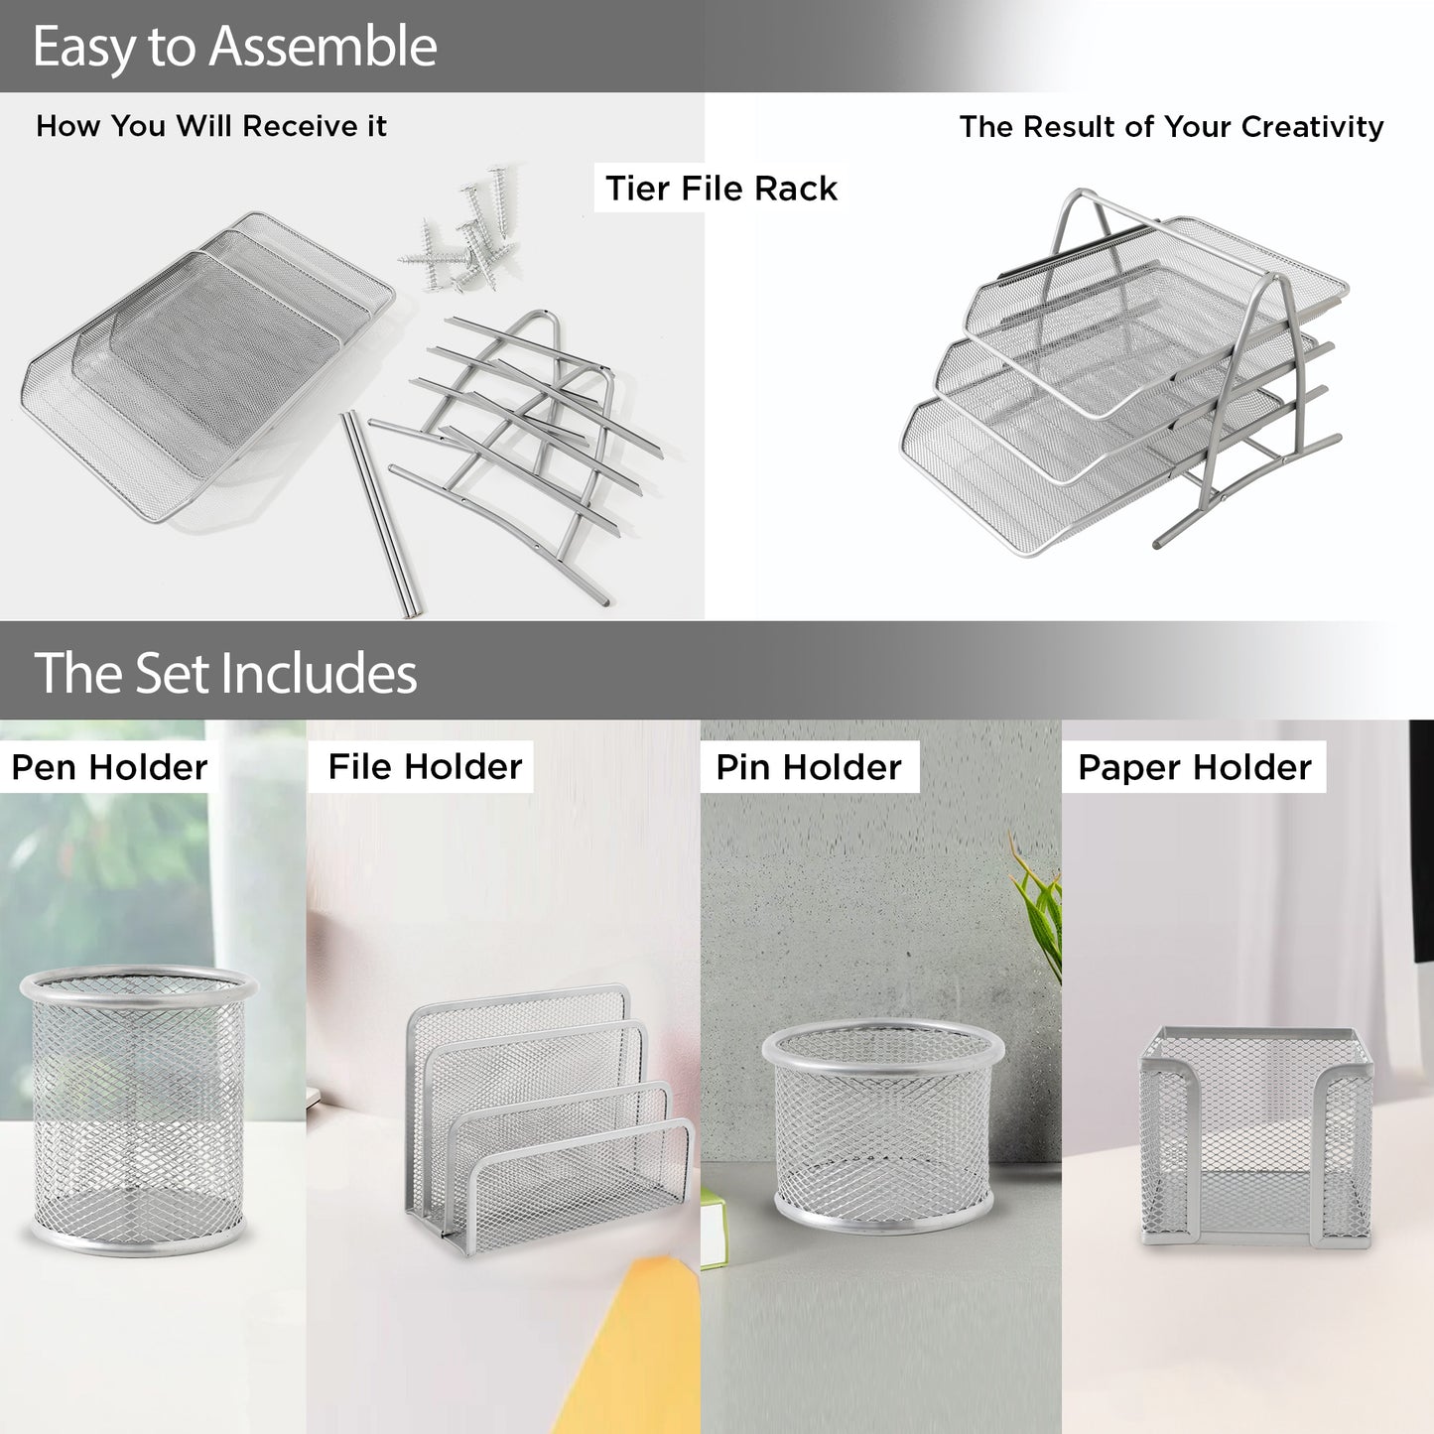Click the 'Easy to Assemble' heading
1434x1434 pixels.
coord(234,46)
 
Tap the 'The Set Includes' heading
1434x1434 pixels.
coord(224,672)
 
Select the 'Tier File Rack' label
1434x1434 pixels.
coord(721,188)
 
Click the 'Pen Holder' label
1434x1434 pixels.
coord(109,767)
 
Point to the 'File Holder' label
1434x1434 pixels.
coord(425,766)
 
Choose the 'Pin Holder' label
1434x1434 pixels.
coord(808,767)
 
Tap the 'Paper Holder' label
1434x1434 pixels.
coord(1195,767)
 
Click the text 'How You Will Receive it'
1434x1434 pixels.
coord(211,126)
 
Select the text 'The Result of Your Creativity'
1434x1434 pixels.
coord(1171,127)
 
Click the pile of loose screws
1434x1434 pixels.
coord(461,229)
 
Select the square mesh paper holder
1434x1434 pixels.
coord(1256,1138)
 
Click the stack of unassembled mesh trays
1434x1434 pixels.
coord(207,367)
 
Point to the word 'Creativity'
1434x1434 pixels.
coord(1311,127)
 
